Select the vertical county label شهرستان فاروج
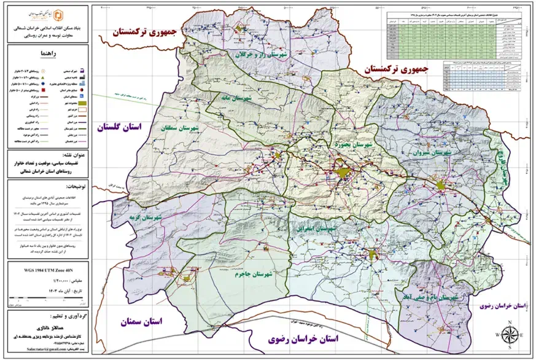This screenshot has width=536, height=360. point(505,166)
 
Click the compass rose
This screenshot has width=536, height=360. point(510,335)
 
